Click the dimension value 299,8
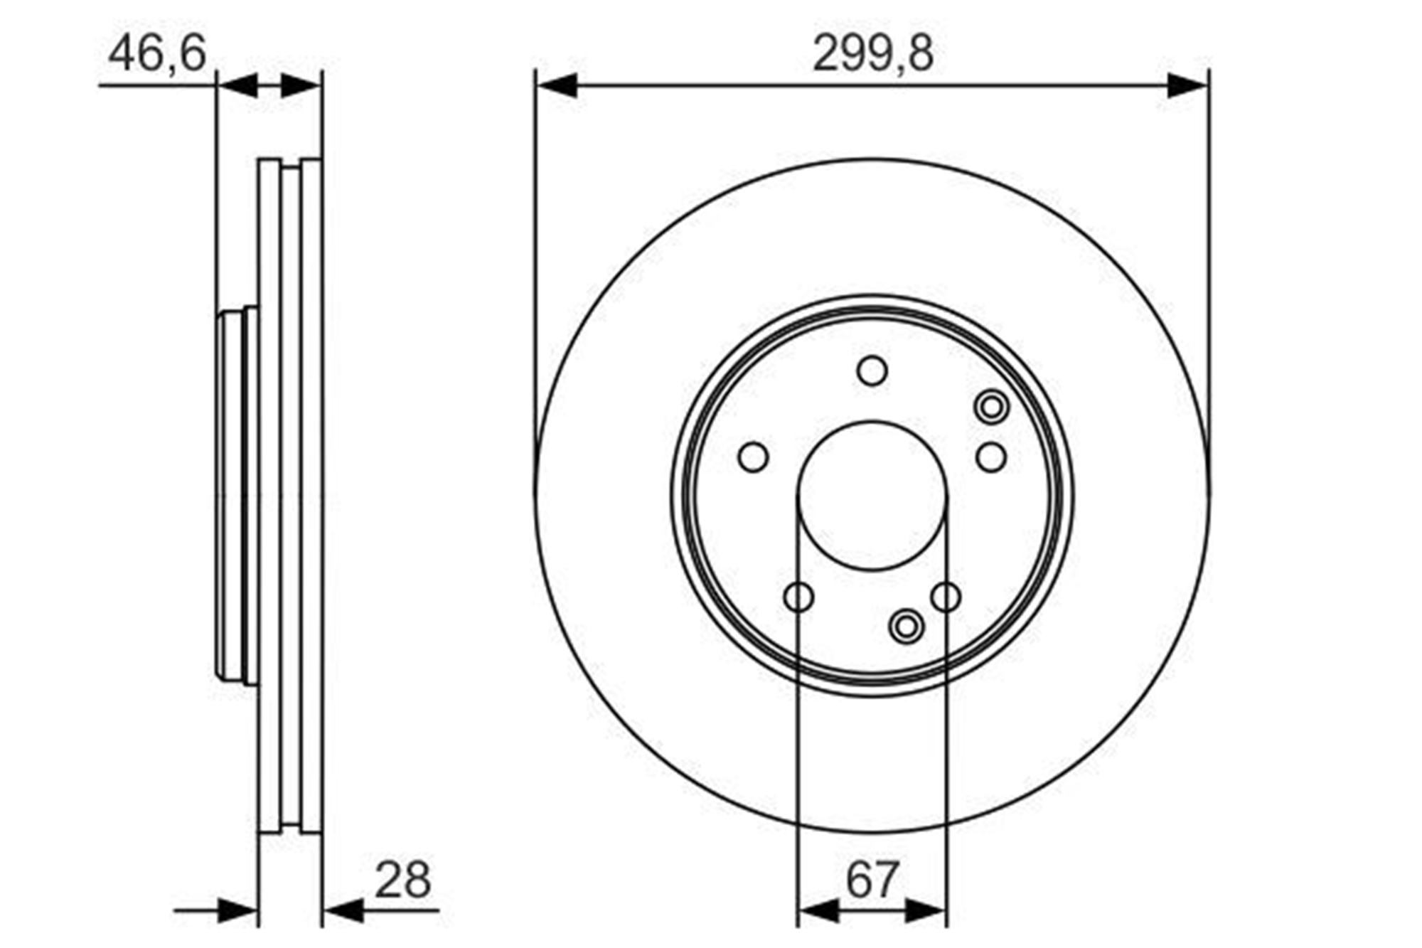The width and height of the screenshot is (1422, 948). pos(872,53)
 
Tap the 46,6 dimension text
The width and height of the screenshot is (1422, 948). pos(157,53)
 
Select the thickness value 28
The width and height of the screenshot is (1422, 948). pos(402,880)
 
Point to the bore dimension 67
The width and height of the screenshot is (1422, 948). pos(872,880)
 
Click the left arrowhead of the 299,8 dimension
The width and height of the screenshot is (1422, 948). pos(557,85)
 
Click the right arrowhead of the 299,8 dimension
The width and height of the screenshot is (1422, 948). pos(1187,85)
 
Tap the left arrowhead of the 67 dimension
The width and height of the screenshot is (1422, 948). pos(818,910)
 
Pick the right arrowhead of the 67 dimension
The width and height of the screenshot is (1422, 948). pos(926,910)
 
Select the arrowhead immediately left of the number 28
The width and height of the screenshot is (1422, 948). pos(343,910)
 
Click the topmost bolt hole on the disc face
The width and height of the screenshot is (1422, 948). pos(872,371)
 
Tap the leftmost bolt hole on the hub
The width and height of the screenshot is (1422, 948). pos(754,457)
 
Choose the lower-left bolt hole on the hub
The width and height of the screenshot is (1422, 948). pos(798,597)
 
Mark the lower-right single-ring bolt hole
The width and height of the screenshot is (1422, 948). pos(946,597)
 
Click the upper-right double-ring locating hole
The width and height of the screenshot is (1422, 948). pos(990,408)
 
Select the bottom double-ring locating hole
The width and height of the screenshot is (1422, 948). pos(907,627)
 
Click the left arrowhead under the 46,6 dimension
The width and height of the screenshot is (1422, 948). pos(237,85)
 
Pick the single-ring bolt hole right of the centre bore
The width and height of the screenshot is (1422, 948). pos(990,457)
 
